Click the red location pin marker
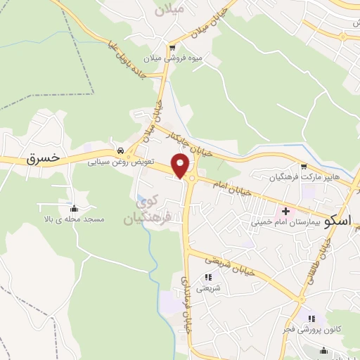coord(181,167)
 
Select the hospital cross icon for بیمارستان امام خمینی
coord(286,210)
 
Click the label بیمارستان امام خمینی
coord(286,221)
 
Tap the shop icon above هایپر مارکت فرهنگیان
coord(304,167)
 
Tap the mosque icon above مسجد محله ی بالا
coord(75,208)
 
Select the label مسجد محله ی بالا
coord(74,219)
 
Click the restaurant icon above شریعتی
coord(207,277)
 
